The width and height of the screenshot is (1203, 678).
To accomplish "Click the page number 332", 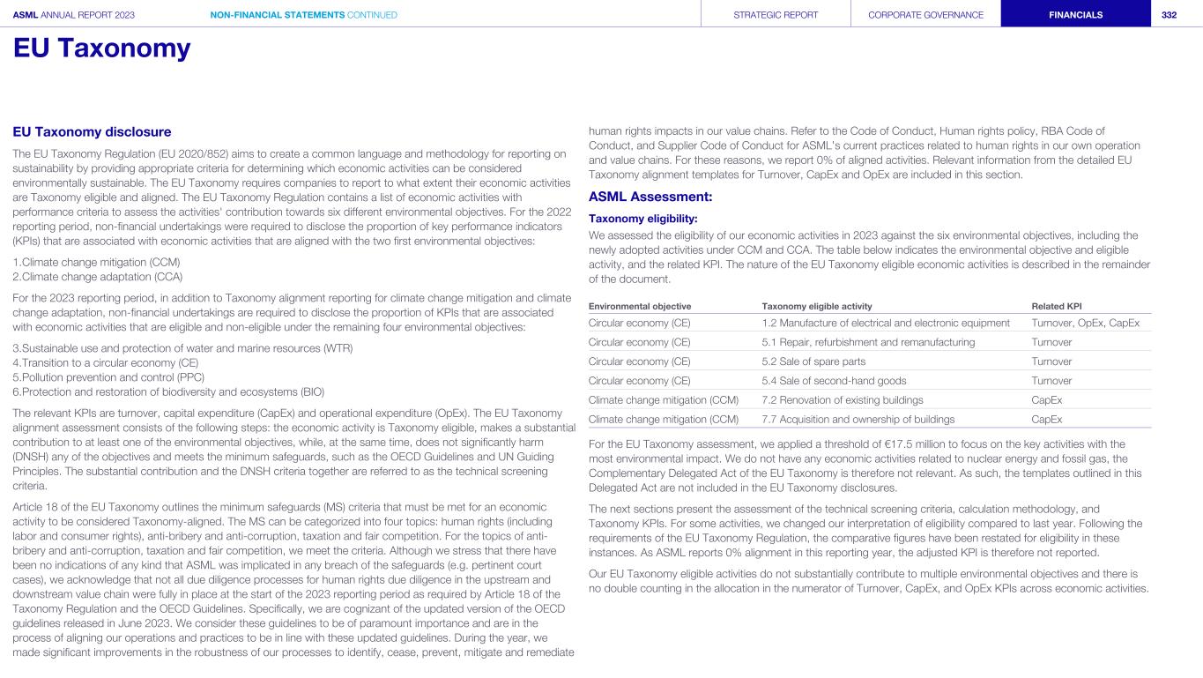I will [x=1169, y=15].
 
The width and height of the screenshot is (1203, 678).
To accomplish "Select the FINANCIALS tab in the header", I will [x=1074, y=15].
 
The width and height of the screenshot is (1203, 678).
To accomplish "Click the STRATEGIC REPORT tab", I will [x=776, y=15].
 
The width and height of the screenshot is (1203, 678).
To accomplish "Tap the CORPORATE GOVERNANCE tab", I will [x=925, y=15].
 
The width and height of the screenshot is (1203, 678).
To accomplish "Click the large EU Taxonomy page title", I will [x=101, y=48].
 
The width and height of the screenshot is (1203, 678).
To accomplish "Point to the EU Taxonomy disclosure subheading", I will [x=92, y=132].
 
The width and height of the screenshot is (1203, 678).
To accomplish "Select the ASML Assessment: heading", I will [x=650, y=197].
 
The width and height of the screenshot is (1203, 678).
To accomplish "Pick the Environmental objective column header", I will [x=639, y=306].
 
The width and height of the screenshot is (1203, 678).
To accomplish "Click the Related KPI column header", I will [x=1056, y=306].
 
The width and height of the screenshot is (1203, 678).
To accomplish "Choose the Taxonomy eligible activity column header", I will [x=816, y=306].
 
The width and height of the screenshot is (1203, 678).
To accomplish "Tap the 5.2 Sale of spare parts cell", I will [x=813, y=361].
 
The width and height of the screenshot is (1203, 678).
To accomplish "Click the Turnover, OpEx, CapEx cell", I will [x=1085, y=323].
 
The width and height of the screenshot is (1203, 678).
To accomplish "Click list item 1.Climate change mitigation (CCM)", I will [x=96, y=262].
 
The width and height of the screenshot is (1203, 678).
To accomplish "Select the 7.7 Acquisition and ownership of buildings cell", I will [x=858, y=420].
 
